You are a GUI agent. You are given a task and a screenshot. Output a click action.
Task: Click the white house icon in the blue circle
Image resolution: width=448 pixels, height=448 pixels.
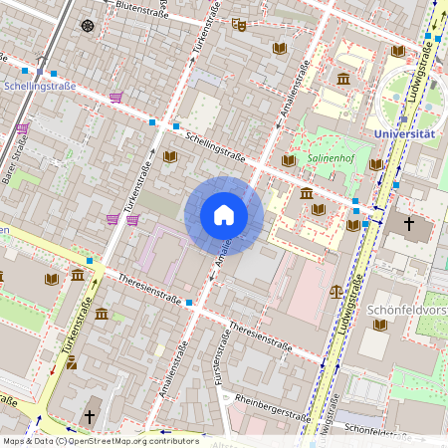(x=224, y=215)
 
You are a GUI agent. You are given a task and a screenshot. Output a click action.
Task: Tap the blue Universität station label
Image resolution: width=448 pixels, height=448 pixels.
(x=404, y=133)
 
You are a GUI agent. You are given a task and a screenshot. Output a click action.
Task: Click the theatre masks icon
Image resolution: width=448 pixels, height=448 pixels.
(x=238, y=24)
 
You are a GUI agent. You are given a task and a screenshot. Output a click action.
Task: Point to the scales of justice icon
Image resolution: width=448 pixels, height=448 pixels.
(x=336, y=293)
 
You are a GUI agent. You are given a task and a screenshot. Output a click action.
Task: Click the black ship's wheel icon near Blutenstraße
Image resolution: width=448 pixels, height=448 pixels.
(x=88, y=25)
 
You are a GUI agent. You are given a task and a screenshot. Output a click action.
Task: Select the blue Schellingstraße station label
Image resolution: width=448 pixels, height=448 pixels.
(x=39, y=87)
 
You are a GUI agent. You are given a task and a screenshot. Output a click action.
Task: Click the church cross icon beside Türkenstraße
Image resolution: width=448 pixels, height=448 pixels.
(x=90, y=416)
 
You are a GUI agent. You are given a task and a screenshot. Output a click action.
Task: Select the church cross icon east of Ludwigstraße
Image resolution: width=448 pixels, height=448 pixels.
(x=409, y=224)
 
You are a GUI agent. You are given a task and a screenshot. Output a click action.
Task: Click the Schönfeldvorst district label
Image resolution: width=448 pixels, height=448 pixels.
(x=407, y=310)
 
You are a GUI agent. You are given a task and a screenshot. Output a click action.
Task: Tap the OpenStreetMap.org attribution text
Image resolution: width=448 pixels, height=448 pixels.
(x=129, y=440)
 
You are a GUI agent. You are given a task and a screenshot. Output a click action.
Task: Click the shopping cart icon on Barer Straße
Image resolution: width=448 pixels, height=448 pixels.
(x=23, y=129)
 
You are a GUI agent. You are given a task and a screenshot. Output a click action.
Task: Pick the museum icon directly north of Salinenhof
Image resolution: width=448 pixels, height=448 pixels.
(x=343, y=79)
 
